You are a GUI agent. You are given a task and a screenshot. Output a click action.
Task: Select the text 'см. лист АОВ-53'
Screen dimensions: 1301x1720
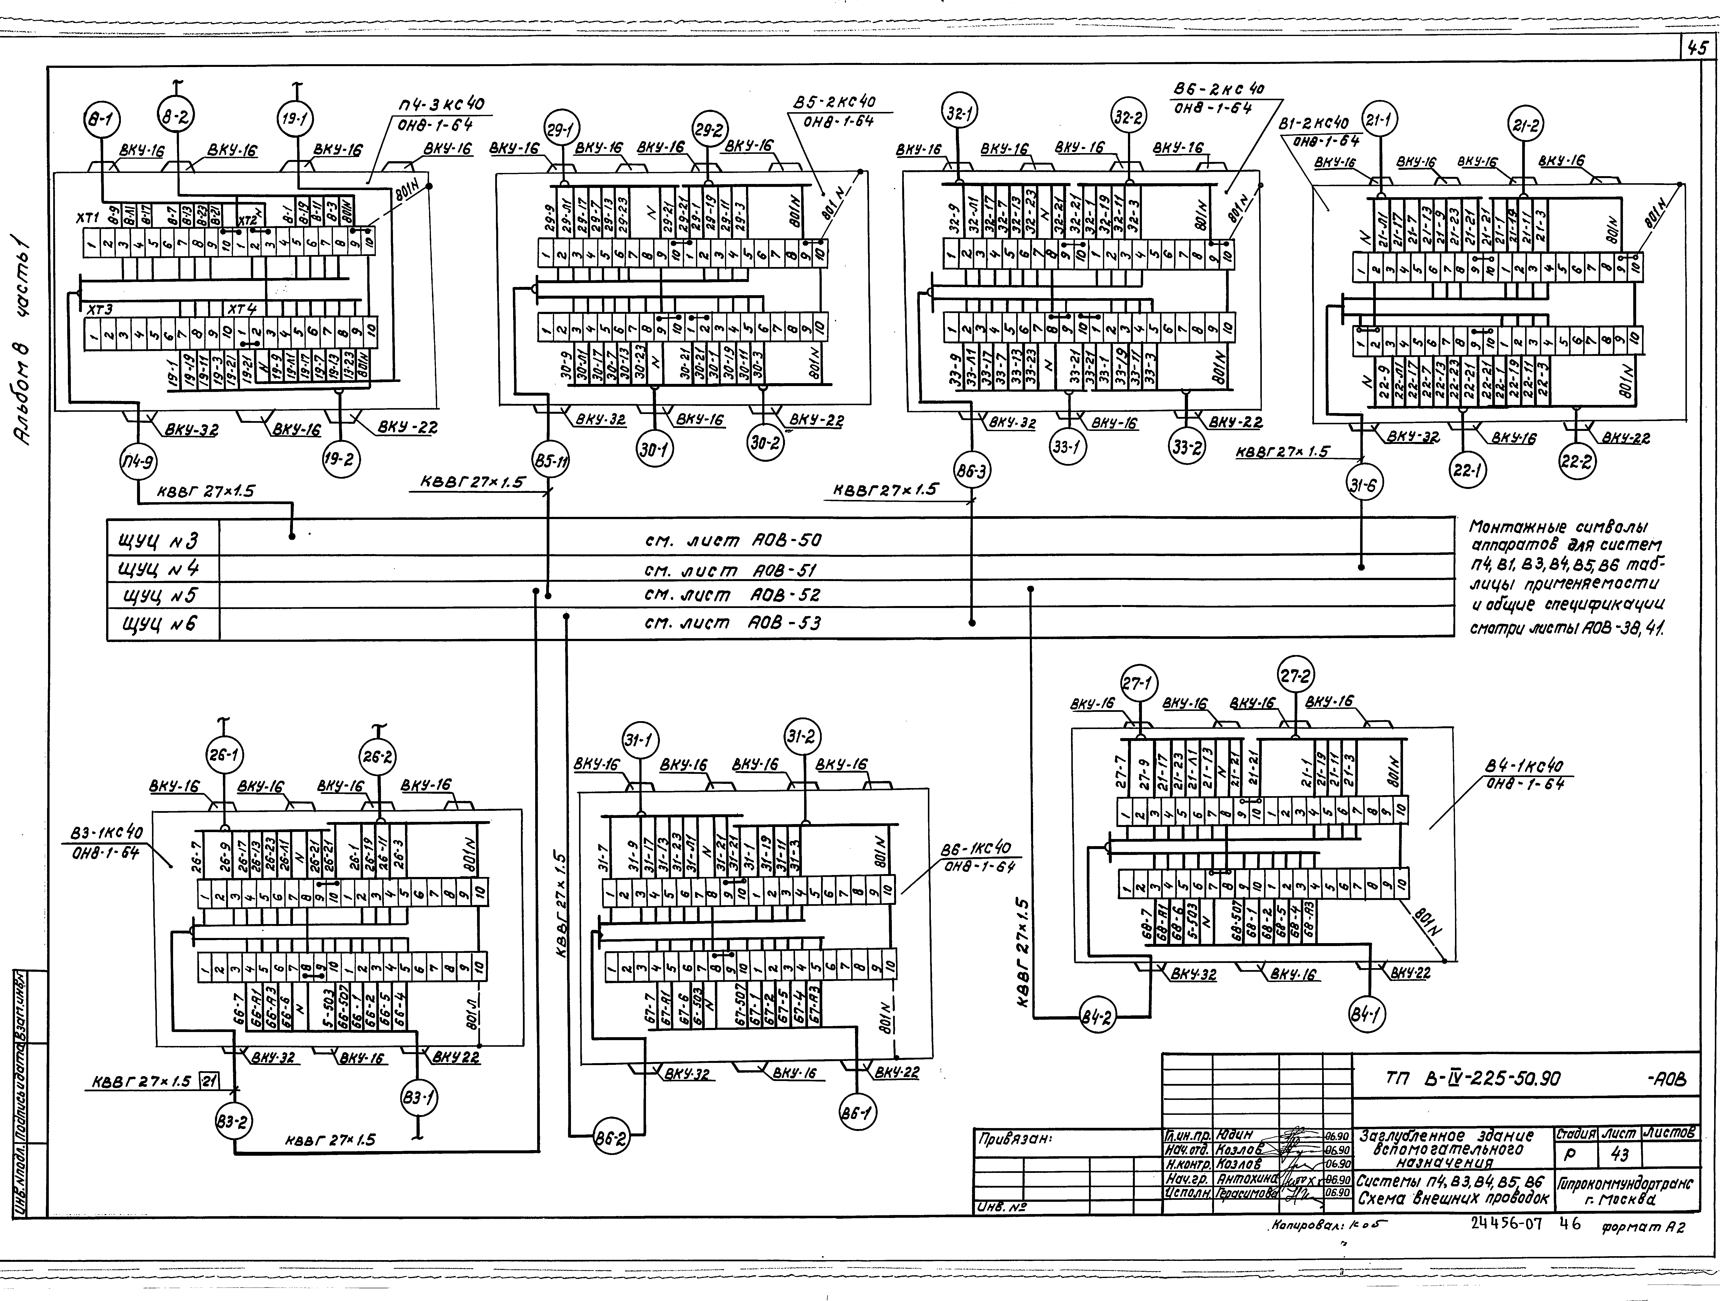click(x=732, y=622)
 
